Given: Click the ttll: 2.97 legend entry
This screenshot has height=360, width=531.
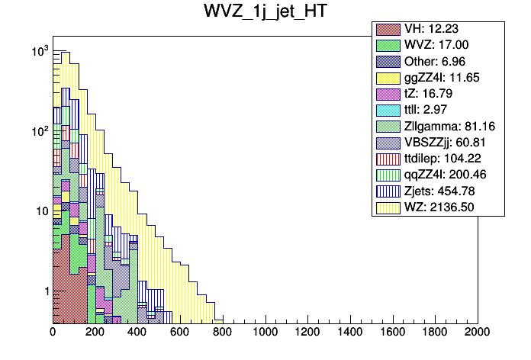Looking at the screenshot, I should [x=439, y=110].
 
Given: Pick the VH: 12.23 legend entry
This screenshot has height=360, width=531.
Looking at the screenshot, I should [x=438, y=30].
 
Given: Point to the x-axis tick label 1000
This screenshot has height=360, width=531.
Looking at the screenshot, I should [x=265, y=333].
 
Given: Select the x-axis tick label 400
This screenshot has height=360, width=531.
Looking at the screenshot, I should [x=137, y=333].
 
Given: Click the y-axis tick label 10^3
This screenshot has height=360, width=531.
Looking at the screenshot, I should [x=40, y=52].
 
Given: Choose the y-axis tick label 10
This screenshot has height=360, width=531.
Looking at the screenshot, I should [x=41, y=212].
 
